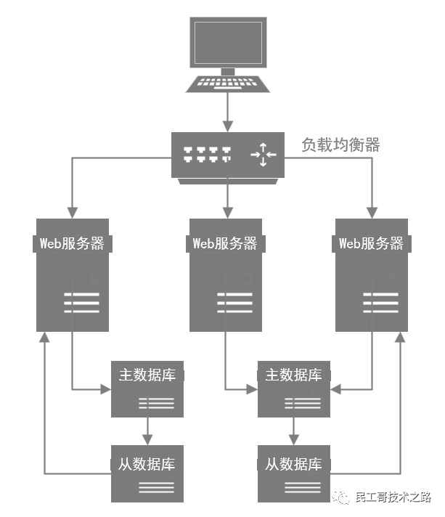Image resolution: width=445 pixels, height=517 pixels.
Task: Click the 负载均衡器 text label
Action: tap(340, 144)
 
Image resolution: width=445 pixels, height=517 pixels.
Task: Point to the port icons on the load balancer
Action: tap(207, 154)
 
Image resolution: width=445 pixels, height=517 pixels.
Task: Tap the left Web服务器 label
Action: tap(72, 243)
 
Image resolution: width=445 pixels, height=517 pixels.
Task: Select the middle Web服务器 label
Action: tap(225, 243)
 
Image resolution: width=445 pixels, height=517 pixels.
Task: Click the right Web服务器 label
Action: tap(371, 243)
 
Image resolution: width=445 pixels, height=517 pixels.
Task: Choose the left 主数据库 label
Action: tap(147, 375)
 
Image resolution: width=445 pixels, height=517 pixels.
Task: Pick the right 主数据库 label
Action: tap(294, 375)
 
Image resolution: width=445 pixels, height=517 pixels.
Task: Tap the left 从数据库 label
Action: tap(147, 463)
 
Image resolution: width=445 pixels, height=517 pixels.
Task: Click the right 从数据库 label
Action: tap(294, 463)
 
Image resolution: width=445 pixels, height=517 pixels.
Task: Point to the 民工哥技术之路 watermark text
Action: tap(392, 498)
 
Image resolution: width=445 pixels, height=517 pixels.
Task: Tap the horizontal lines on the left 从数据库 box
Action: tap(155, 488)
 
